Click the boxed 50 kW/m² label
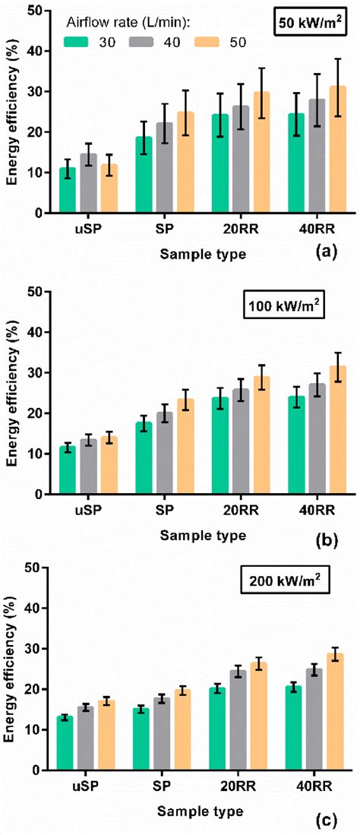pyautogui.click(x=308, y=21)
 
